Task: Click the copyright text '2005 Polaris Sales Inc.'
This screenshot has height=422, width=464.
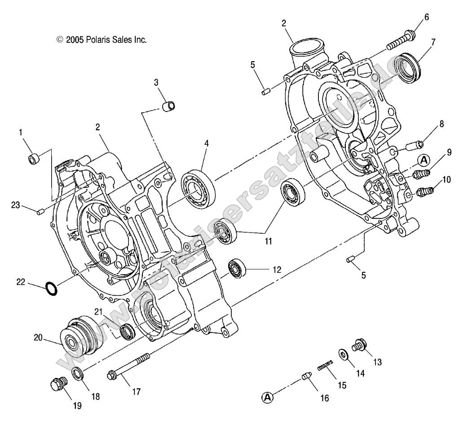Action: click(102, 40)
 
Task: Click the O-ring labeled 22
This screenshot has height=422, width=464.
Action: click(52, 289)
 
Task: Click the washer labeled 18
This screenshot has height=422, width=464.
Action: click(78, 373)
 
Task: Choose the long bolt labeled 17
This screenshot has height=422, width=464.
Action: click(128, 360)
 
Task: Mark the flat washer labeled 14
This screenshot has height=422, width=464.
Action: click(343, 355)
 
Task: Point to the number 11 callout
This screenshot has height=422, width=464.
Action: click(268, 241)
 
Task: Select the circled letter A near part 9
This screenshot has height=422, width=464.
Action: click(424, 159)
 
